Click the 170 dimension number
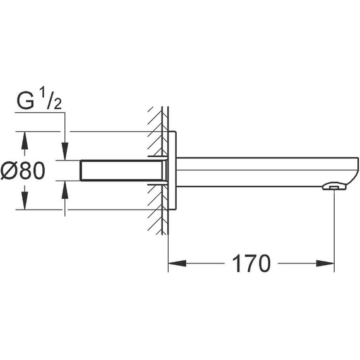(251, 263)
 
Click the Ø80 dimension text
(23, 171)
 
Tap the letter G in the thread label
(25, 101)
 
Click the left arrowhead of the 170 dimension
(177, 263)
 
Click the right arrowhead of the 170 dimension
(325, 263)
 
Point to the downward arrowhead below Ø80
(25, 201)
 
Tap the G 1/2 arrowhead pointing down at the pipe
(65, 152)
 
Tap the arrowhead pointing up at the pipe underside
(65, 189)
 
